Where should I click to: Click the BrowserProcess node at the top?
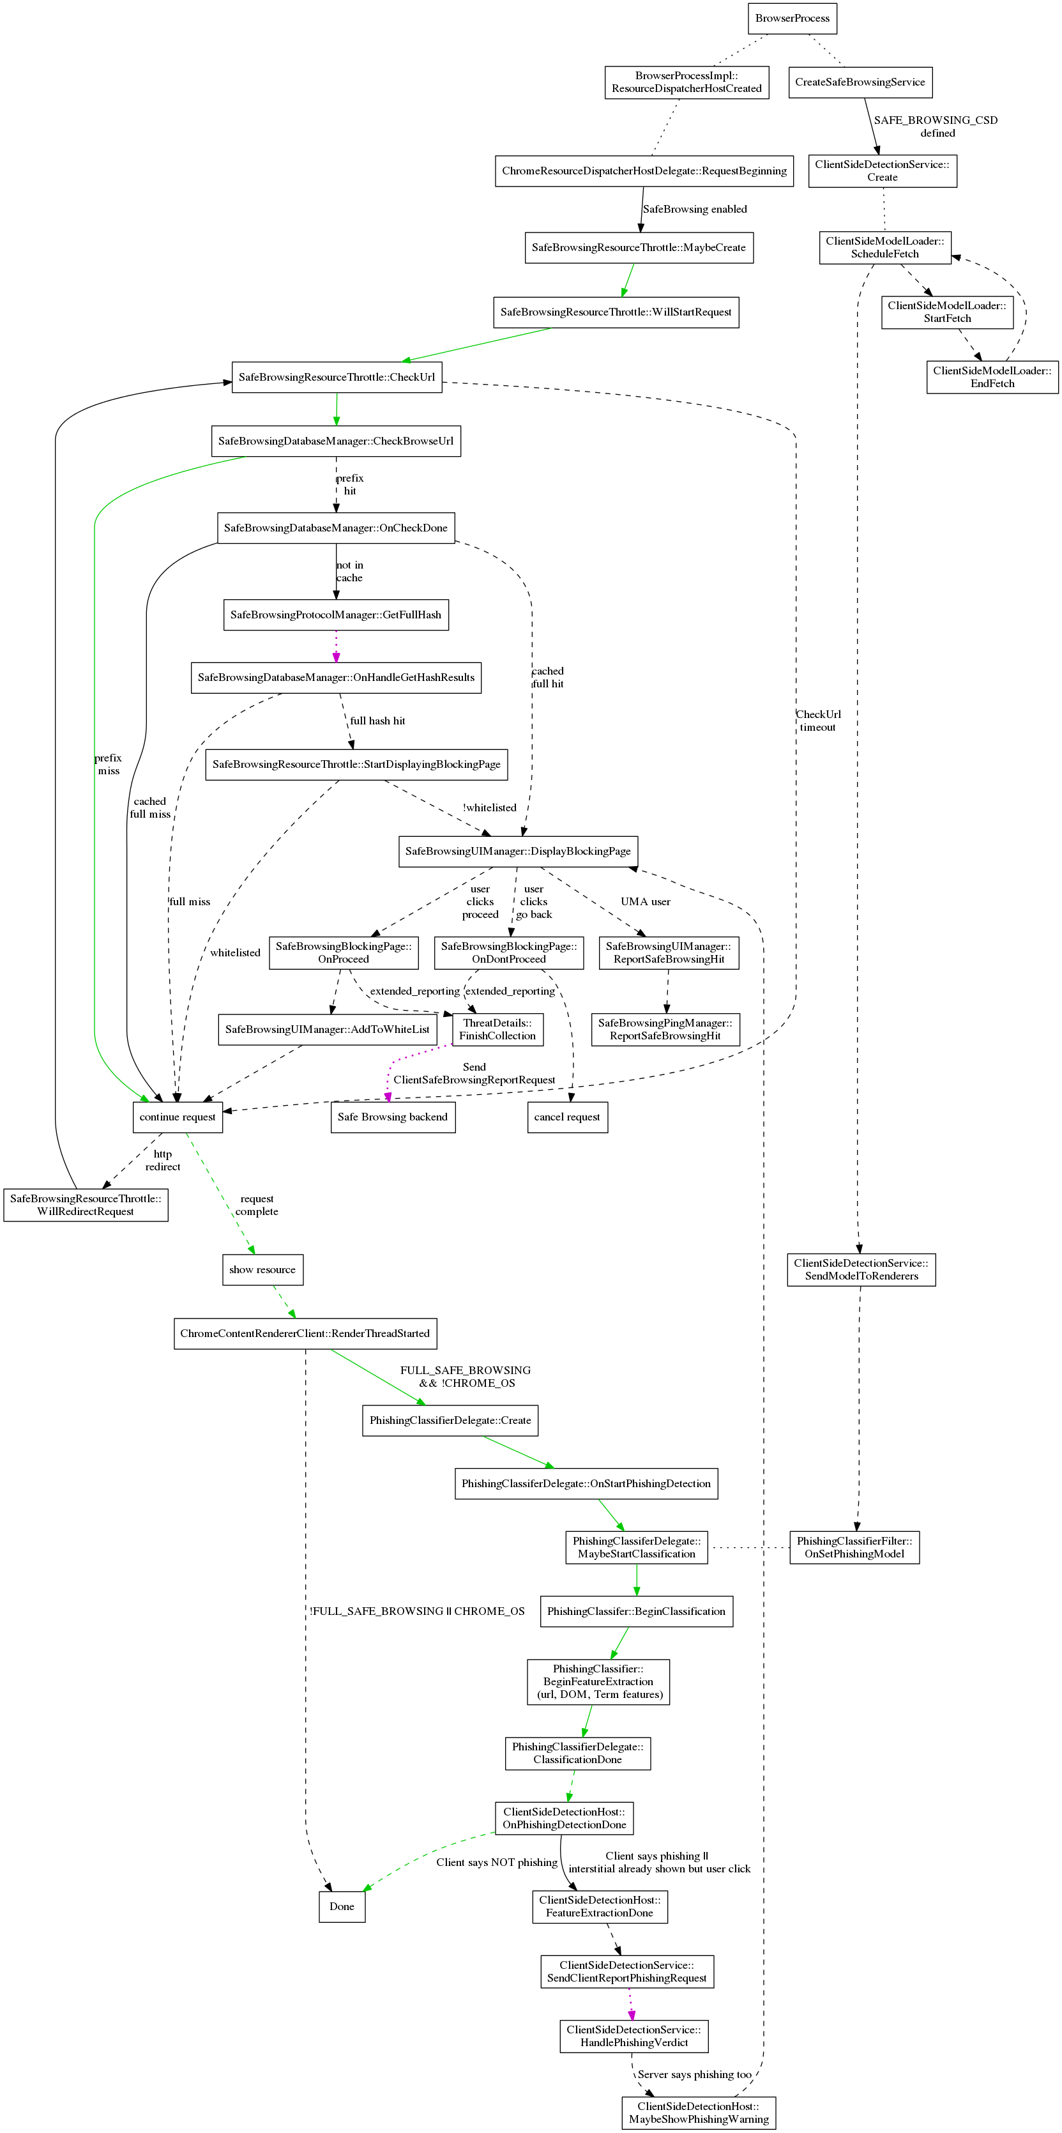792,19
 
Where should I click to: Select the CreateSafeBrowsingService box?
860,82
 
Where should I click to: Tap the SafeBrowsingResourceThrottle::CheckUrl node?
336,378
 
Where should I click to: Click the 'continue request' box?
177,1117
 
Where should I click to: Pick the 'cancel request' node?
567,1117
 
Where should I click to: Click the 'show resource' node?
262,1270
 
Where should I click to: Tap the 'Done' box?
342,1906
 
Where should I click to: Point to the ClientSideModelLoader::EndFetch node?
992,377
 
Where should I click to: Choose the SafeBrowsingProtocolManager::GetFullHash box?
335,615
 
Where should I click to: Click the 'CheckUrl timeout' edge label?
818,721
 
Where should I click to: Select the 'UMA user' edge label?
646,902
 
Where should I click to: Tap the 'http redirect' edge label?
162,1160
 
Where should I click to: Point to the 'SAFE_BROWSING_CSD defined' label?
936,126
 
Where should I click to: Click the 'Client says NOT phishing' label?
497,1862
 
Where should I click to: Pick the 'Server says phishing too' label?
694,2074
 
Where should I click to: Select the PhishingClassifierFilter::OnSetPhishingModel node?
854,1548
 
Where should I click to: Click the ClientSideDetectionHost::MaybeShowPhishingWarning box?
699,2113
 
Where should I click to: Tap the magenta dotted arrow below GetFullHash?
336,646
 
